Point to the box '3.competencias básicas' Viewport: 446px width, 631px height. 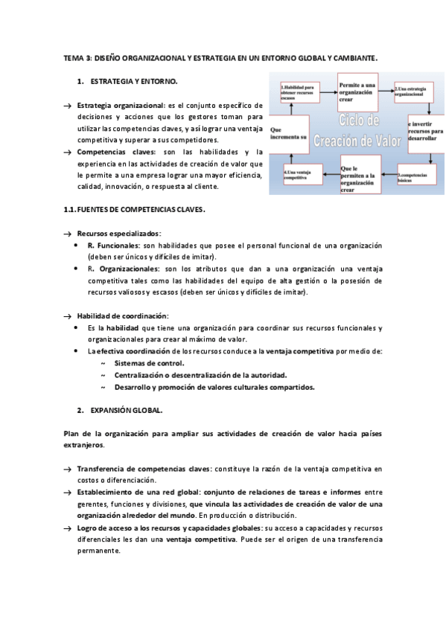pyautogui.click(x=415, y=176)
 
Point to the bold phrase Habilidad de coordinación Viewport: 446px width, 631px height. pyautogui.click(x=122, y=316)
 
